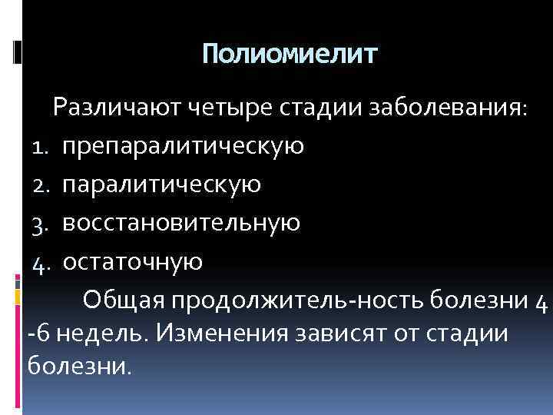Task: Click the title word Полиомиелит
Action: [x=290, y=54]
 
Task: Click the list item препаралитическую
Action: [x=184, y=146]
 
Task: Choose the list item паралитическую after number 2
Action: [x=162, y=184]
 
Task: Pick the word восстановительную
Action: [x=181, y=223]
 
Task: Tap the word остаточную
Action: [x=132, y=262]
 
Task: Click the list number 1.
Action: [x=41, y=146]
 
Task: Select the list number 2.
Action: [x=41, y=185]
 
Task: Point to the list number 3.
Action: [x=41, y=224]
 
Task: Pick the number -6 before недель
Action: [x=37, y=336]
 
